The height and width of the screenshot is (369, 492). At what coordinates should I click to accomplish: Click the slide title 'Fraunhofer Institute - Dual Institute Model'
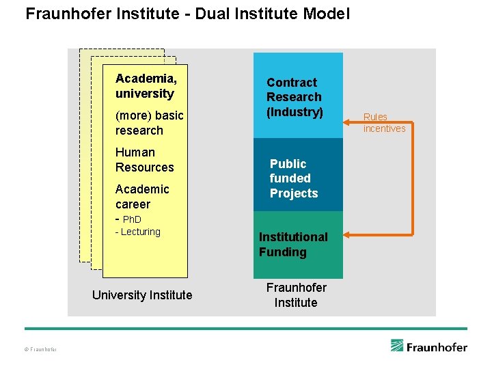coord(187,14)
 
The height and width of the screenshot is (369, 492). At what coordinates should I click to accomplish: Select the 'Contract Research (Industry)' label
coord(294,97)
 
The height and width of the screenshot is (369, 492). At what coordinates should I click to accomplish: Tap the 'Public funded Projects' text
coord(294,178)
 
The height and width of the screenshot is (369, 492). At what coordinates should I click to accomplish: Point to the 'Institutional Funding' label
coord(293,244)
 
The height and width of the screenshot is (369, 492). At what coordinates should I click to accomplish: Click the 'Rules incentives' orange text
coord(384,123)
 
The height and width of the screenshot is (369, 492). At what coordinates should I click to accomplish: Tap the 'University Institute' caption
coord(142,295)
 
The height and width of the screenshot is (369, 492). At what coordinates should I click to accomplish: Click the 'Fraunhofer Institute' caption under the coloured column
coord(296,295)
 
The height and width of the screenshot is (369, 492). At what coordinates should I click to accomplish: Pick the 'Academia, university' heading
coord(146,86)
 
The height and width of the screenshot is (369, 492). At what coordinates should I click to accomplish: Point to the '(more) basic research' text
coord(149,123)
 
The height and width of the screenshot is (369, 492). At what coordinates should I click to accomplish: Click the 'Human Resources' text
coord(144,160)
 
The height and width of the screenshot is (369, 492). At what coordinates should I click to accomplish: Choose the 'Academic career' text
coord(142,196)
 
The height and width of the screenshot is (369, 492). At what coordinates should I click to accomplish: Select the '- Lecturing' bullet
coord(137,232)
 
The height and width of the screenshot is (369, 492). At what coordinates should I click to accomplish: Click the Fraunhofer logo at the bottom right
coord(428,346)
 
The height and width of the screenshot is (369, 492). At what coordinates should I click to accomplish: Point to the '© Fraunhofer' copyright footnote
coord(40,350)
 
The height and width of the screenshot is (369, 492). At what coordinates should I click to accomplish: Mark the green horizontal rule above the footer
coord(246,329)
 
